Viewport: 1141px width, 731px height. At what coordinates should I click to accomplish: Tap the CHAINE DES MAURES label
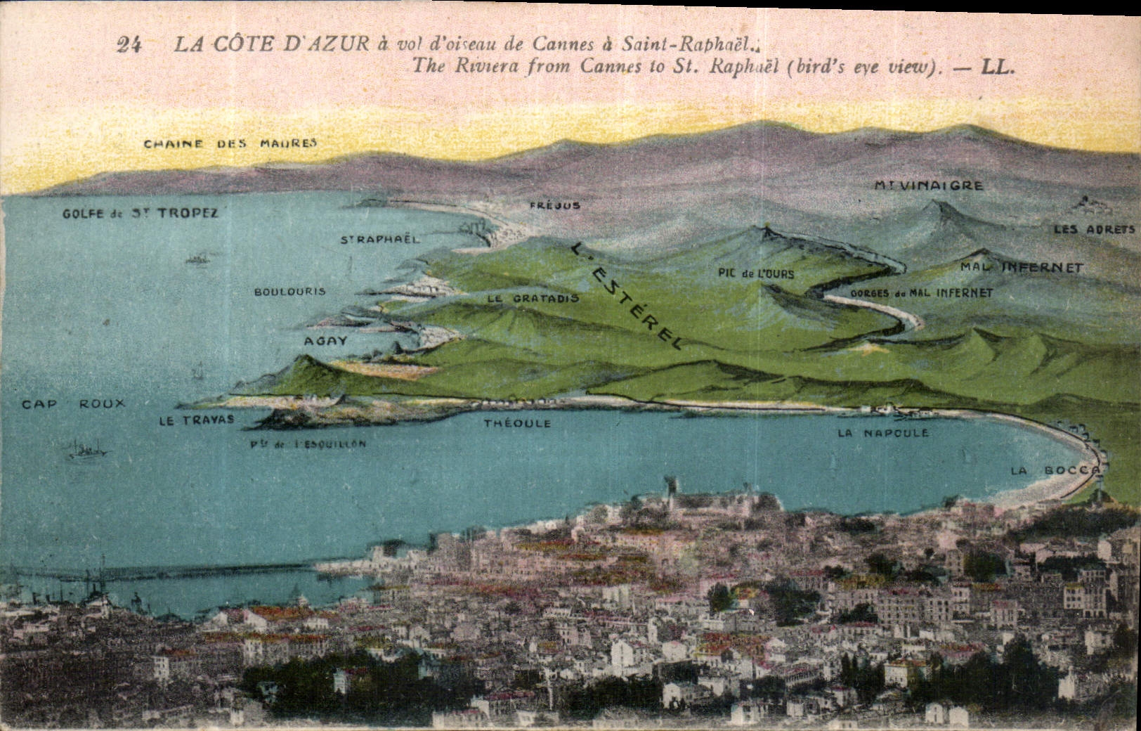point(230,143)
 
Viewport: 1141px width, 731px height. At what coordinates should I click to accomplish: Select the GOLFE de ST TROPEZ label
point(140,213)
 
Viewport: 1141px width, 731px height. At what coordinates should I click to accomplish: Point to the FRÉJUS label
point(555,205)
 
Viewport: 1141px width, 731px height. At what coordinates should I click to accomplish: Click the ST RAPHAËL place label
point(379,239)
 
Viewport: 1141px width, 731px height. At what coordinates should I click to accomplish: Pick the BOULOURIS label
point(289,291)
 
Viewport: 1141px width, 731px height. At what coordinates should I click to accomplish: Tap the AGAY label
point(325,341)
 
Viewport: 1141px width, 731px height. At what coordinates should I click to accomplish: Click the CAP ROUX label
point(73,403)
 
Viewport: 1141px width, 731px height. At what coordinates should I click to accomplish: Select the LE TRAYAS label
point(196,420)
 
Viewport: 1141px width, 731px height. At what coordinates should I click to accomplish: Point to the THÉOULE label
point(517,424)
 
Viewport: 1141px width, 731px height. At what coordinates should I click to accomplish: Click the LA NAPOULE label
point(882,433)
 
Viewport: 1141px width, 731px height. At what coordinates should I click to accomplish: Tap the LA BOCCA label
point(1054,470)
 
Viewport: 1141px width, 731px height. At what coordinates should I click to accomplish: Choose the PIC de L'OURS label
point(756,273)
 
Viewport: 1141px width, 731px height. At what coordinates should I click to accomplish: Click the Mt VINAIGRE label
point(928,186)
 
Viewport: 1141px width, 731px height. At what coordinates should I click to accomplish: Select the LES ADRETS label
point(1094,229)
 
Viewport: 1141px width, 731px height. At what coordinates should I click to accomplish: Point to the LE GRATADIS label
point(533,298)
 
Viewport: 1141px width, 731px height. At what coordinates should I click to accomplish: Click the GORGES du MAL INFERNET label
point(920,292)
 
